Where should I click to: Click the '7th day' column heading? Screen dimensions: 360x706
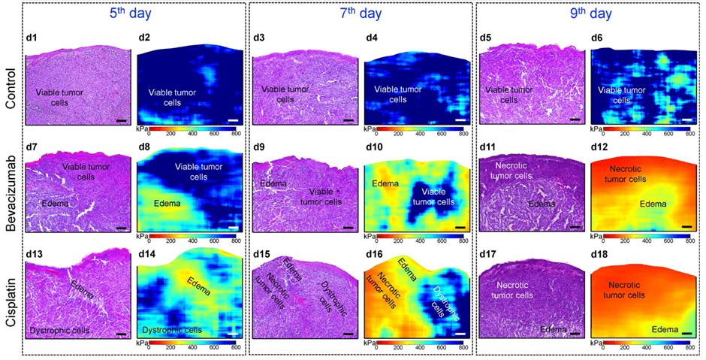(x=361, y=13)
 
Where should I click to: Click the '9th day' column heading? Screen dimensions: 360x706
(x=588, y=13)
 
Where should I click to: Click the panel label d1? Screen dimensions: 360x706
(x=33, y=37)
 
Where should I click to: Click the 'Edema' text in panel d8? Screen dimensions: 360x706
(x=167, y=203)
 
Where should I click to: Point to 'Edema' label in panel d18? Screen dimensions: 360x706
(x=665, y=328)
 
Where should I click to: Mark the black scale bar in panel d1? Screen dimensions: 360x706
(x=121, y=119)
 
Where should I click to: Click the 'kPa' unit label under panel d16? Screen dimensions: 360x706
(x=371, y=343)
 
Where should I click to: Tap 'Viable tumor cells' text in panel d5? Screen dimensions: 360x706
(x=511, y=94)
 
